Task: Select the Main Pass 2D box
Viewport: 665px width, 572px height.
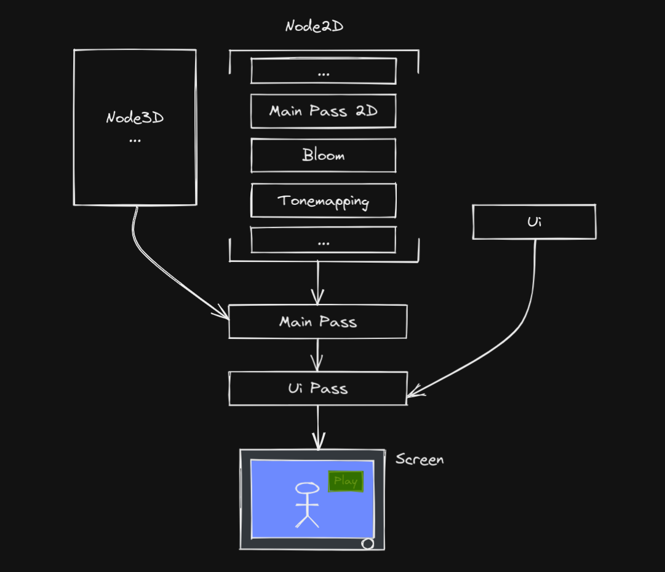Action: pos(323,111)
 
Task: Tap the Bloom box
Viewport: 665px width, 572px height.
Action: pos(323,156)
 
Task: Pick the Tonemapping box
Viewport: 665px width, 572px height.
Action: pos(323,201)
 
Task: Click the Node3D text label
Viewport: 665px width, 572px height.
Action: pos(135,118)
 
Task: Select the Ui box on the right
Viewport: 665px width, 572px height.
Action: pos(534,222)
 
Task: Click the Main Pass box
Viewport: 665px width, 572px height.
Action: pos(317,322)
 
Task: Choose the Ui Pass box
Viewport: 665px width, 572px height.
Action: pos(317,388)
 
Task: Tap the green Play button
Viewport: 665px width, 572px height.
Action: pos(346,482)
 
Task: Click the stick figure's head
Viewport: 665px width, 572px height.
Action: pos(307,489)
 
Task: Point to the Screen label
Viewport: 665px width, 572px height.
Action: pos(420,459)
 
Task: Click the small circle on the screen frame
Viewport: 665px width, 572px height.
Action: pos(368,543)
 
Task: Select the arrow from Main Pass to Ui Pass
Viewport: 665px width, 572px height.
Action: pos(317,355)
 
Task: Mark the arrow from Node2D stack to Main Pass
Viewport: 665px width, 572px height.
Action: pos(317,282)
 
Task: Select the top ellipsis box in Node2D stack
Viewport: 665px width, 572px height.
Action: pos(323,71)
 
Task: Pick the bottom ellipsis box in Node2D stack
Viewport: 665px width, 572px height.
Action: pos(323,240)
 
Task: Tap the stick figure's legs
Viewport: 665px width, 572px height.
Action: pos(307,520)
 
